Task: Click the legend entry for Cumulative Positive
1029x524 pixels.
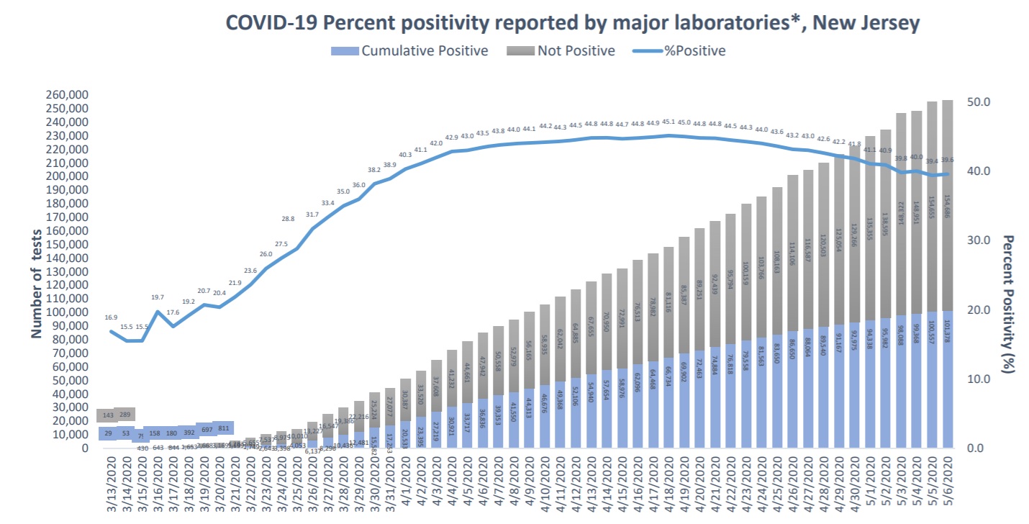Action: [x=425, y=50]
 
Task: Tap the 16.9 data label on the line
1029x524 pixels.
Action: [x=111, y=317]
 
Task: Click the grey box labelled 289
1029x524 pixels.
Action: [x=124, y=415]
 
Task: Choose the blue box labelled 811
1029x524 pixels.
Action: [x=222, y=428]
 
